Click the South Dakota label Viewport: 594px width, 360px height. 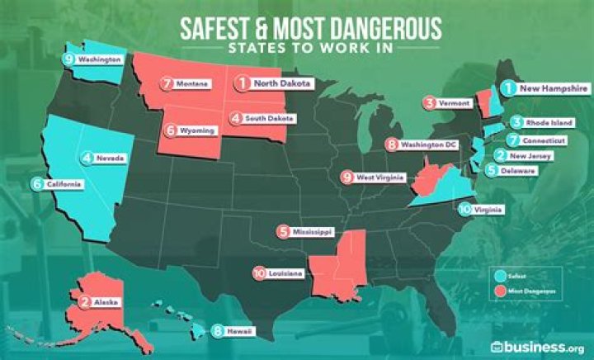click(x=268, y=118)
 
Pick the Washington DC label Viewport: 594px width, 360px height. click(x=431, y=145)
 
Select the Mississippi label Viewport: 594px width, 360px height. click(x=317, y=232)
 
